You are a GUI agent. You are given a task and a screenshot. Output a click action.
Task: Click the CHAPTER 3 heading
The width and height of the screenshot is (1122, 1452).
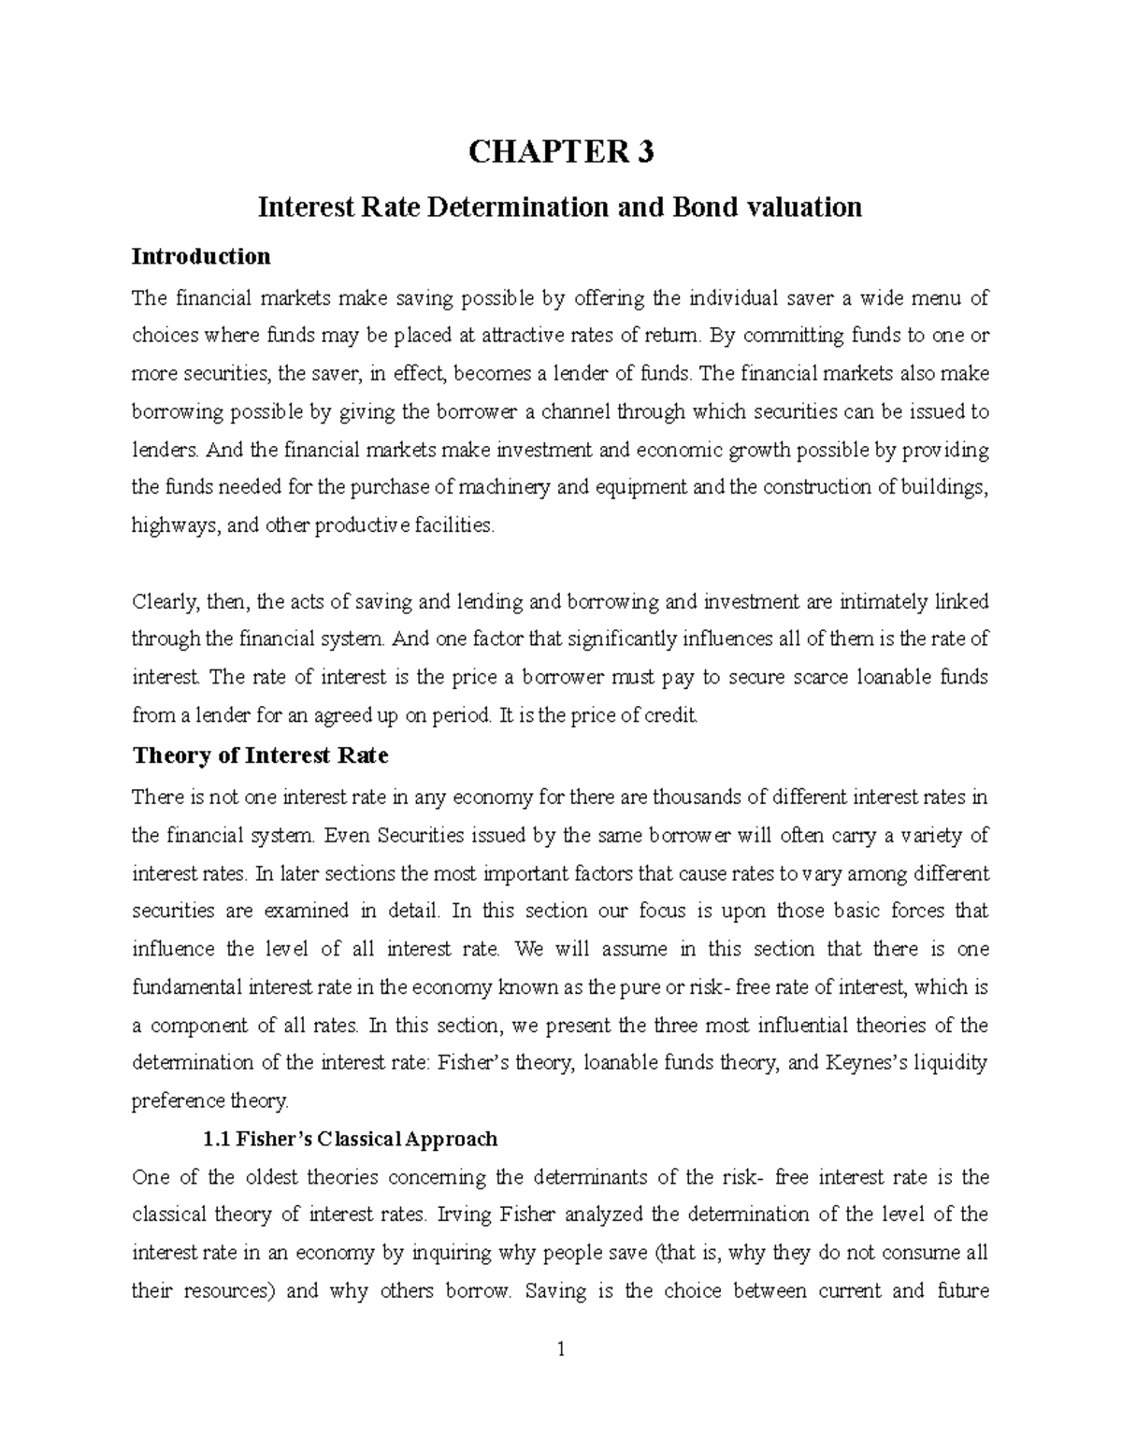[x=560, y=151]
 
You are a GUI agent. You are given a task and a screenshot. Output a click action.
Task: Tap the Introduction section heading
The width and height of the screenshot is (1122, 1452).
[x=201, y=256]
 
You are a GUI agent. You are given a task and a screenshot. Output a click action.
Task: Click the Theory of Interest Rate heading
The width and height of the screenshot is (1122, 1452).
[x=261, y=755]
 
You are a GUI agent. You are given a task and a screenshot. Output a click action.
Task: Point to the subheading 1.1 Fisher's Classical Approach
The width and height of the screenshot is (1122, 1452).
[x=350, y=1139]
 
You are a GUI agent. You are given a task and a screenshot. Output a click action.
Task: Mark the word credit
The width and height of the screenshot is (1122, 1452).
[x=673, y=716]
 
